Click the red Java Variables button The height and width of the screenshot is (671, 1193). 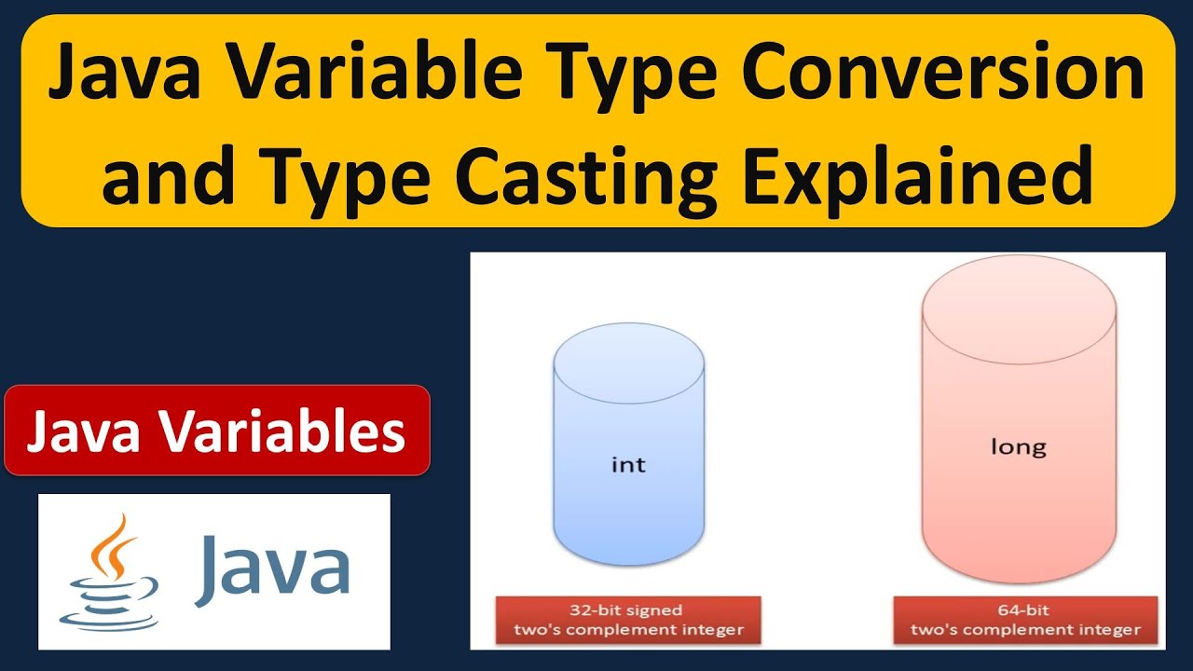point(217,431)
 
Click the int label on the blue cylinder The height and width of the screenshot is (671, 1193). point(627,463)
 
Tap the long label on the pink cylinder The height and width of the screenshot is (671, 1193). point(1018,447)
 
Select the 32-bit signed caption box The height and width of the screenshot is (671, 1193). point(628,620)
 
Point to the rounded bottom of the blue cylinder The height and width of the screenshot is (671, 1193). point(628,550)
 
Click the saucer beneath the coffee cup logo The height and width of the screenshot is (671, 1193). point(105,616)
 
